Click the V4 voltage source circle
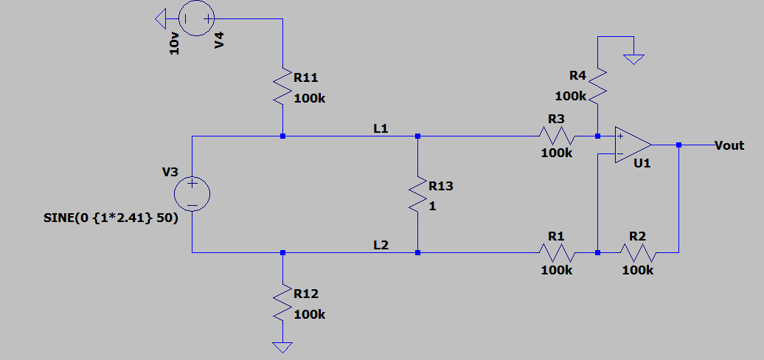196,18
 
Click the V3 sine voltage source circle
192,194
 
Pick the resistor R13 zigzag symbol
417,193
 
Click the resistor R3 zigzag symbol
558,136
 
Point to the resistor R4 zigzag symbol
598,86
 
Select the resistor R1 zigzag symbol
558,253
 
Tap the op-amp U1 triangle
633,145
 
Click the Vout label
729,145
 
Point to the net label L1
381,129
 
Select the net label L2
381,245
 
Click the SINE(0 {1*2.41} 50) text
111,218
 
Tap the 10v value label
175,44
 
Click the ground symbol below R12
282,347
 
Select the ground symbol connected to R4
634,60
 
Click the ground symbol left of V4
160,19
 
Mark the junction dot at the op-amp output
678,145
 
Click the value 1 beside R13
432,207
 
